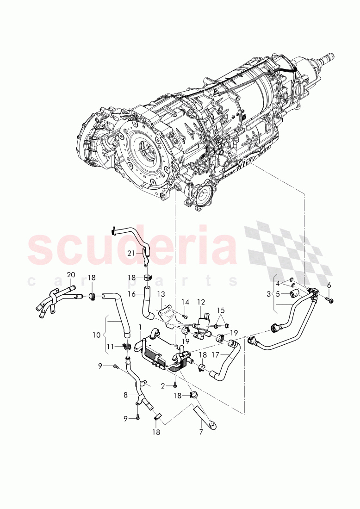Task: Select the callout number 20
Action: pyautogui.click(x=71, y=275)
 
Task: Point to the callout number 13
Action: pyautogui.click(x=160, y=294)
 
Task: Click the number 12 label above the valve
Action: pyautogui.click(x=201, y=302)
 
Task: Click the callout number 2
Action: pyautogui.click(x=163, y=385)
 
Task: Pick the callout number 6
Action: pyautogui.click(x=329, y=286)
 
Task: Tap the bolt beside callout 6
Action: pyautogui.click(x=329, y=300)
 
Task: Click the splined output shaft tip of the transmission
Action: pyautogui.click(x=330, y=56)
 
